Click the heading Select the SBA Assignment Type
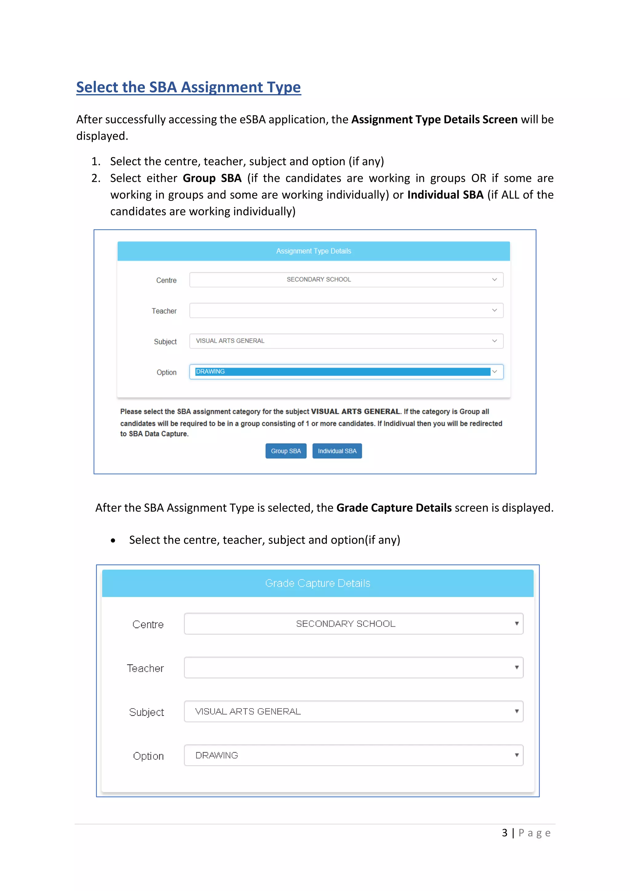188,87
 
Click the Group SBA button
286,451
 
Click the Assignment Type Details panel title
313,251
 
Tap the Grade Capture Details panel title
317,583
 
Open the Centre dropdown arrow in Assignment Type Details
494,280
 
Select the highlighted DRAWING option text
210,372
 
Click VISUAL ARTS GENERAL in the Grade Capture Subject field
248,711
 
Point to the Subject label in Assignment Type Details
165,342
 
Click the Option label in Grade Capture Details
148,756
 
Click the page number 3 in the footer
504,833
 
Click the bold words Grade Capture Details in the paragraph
394,508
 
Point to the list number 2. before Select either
96,178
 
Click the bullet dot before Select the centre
113,541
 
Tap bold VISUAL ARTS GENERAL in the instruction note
355,411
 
